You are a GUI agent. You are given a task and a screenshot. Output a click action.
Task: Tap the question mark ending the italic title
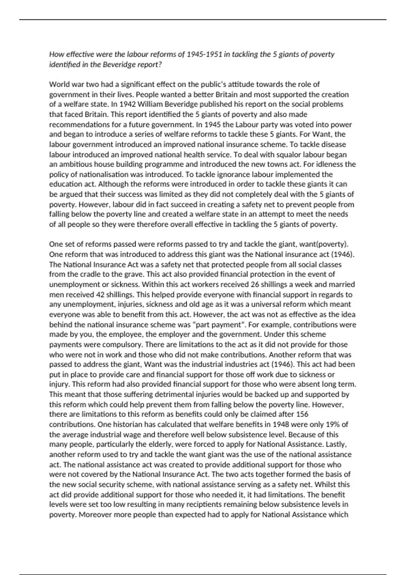coord(160,65)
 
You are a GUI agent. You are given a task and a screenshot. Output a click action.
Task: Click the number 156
coord(302,414)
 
